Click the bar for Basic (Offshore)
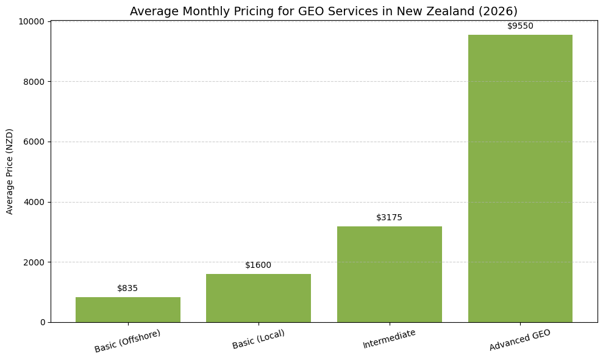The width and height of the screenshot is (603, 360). click(x=127, y=309)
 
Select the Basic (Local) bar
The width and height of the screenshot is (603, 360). click(x=259, y=298)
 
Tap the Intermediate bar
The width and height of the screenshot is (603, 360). click(x=389, y=274)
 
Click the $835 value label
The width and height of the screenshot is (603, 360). click(x=127, y=288)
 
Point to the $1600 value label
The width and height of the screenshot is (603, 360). click(x=259, y=265)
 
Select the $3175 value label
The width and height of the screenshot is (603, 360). click(x=389, y=217)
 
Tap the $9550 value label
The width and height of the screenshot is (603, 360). click(x=520, y=26)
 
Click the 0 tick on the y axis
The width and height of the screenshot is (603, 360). click(x=43, y=322)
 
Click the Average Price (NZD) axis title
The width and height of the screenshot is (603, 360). click(x=10, y=171)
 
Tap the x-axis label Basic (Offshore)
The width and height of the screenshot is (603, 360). click(x=127, y=341)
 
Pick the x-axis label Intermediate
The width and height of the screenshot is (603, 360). click(x=389, y=339)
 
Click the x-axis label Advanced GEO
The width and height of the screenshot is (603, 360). click(x=520, y=340)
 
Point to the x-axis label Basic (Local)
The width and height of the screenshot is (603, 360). click(x=259, y=339)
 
